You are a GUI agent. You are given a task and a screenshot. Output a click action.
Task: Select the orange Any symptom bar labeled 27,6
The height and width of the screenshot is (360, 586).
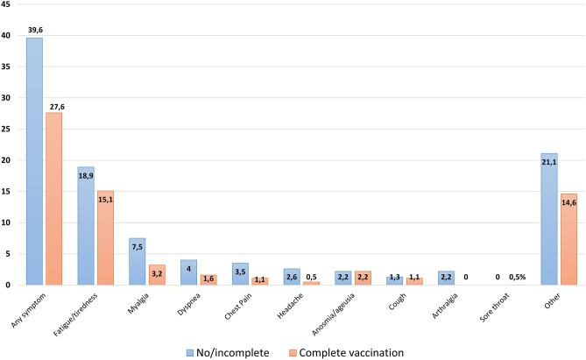[53, 198]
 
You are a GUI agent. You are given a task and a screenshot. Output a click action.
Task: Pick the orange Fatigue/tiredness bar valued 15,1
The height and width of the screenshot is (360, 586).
[105, 237]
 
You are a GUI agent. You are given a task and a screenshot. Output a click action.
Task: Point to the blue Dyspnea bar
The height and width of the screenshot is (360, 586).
[188, 272]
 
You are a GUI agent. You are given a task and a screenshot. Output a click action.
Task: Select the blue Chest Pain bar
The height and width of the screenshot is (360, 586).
[240, 273]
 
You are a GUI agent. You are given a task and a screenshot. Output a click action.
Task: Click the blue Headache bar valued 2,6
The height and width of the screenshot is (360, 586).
[292, 276]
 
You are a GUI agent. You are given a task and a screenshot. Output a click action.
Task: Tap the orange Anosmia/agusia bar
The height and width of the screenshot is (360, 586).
[362, 278]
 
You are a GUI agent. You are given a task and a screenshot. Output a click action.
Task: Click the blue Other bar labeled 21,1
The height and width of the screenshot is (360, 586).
[549, 219]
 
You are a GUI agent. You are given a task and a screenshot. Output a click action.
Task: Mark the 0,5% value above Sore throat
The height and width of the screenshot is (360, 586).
[519, 278]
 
